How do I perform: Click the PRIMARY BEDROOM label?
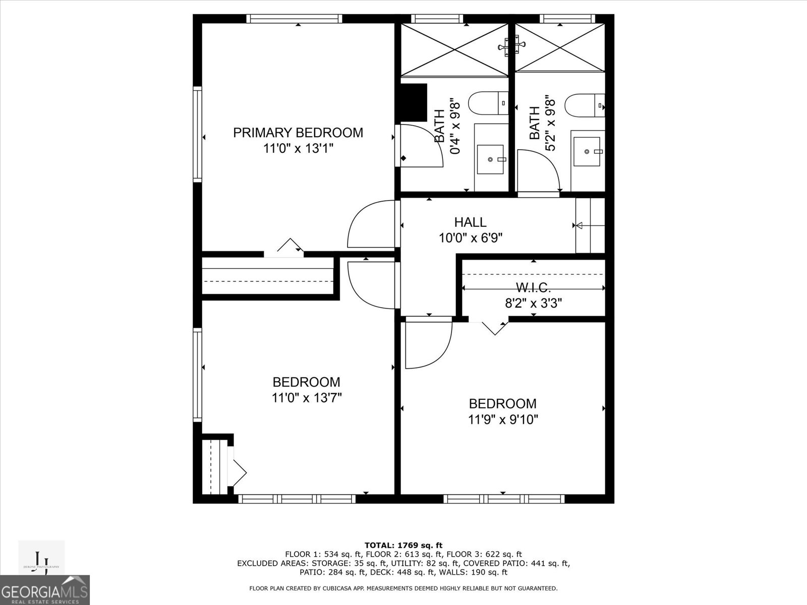[298, 133]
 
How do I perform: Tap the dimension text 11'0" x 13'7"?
[307, 398]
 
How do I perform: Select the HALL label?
[470, 222]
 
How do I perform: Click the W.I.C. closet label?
[533, 288]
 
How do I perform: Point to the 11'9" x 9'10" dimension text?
[503, 419]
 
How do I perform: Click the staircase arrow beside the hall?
[579, 225]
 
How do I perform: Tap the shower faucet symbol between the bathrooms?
[511, 47]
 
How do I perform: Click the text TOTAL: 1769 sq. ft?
[403, 545]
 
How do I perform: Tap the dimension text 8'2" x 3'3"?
[533, 303]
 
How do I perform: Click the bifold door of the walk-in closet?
[494, 327]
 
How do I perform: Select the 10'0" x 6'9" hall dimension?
[470, 237]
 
